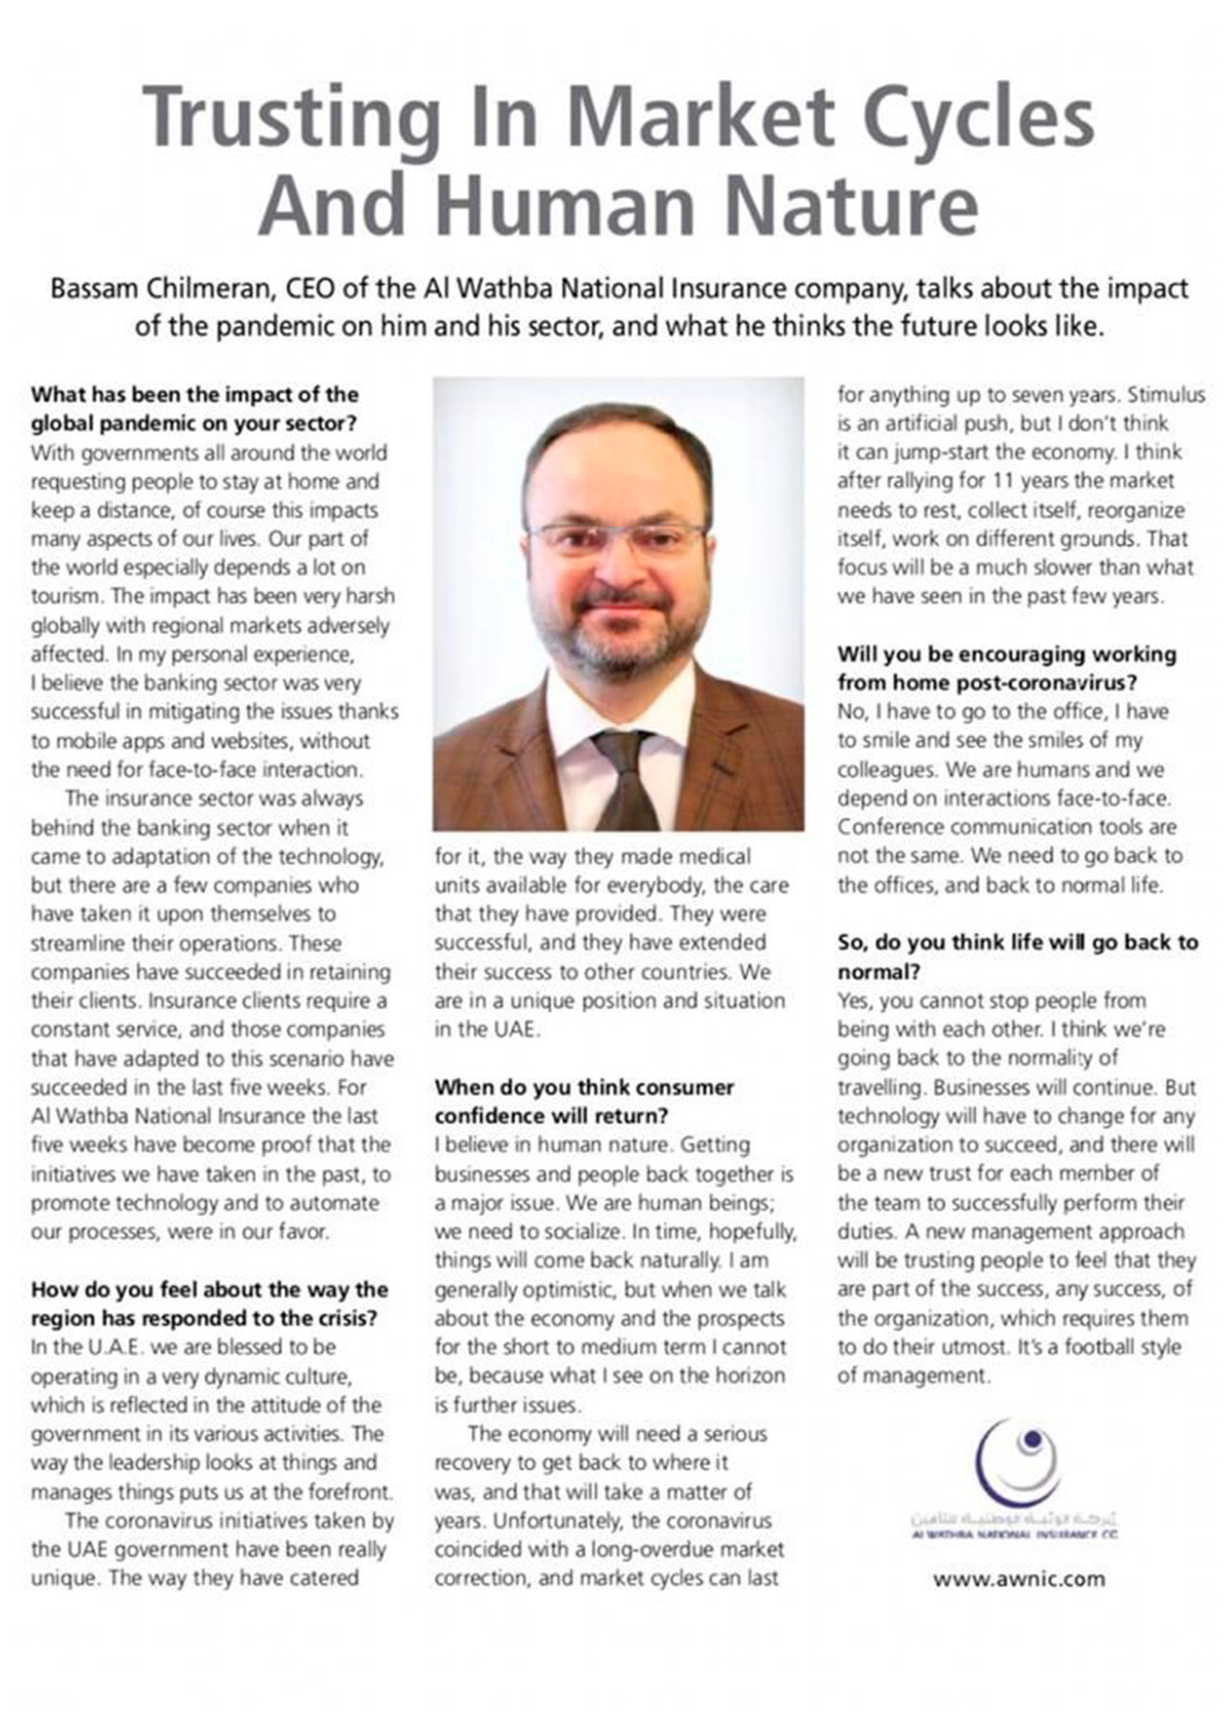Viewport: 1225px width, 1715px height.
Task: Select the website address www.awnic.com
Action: tap(1018, 1578)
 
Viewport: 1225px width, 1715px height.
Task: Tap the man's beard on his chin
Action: tap(620, 650)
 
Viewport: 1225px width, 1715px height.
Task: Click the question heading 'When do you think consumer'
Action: tap(584, 1087)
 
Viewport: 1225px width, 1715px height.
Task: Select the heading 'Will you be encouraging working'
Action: tap(1006, 654)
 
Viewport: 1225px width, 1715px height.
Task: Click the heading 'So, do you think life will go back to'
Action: tap(1017, 942)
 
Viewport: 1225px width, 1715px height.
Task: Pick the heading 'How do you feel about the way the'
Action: tap(209, 1289)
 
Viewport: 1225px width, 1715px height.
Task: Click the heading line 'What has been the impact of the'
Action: tap(194, 394)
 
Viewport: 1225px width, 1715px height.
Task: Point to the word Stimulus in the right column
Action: tap(1166, 395)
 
